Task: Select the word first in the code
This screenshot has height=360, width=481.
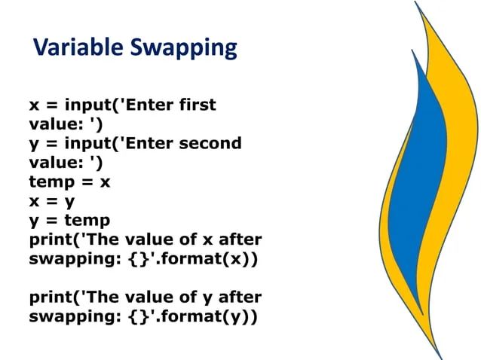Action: [198, 105]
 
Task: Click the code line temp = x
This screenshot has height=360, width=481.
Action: [69, 182]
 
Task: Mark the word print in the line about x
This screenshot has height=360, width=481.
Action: [51, 239]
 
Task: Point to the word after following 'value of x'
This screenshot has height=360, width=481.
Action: [239, 239]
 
